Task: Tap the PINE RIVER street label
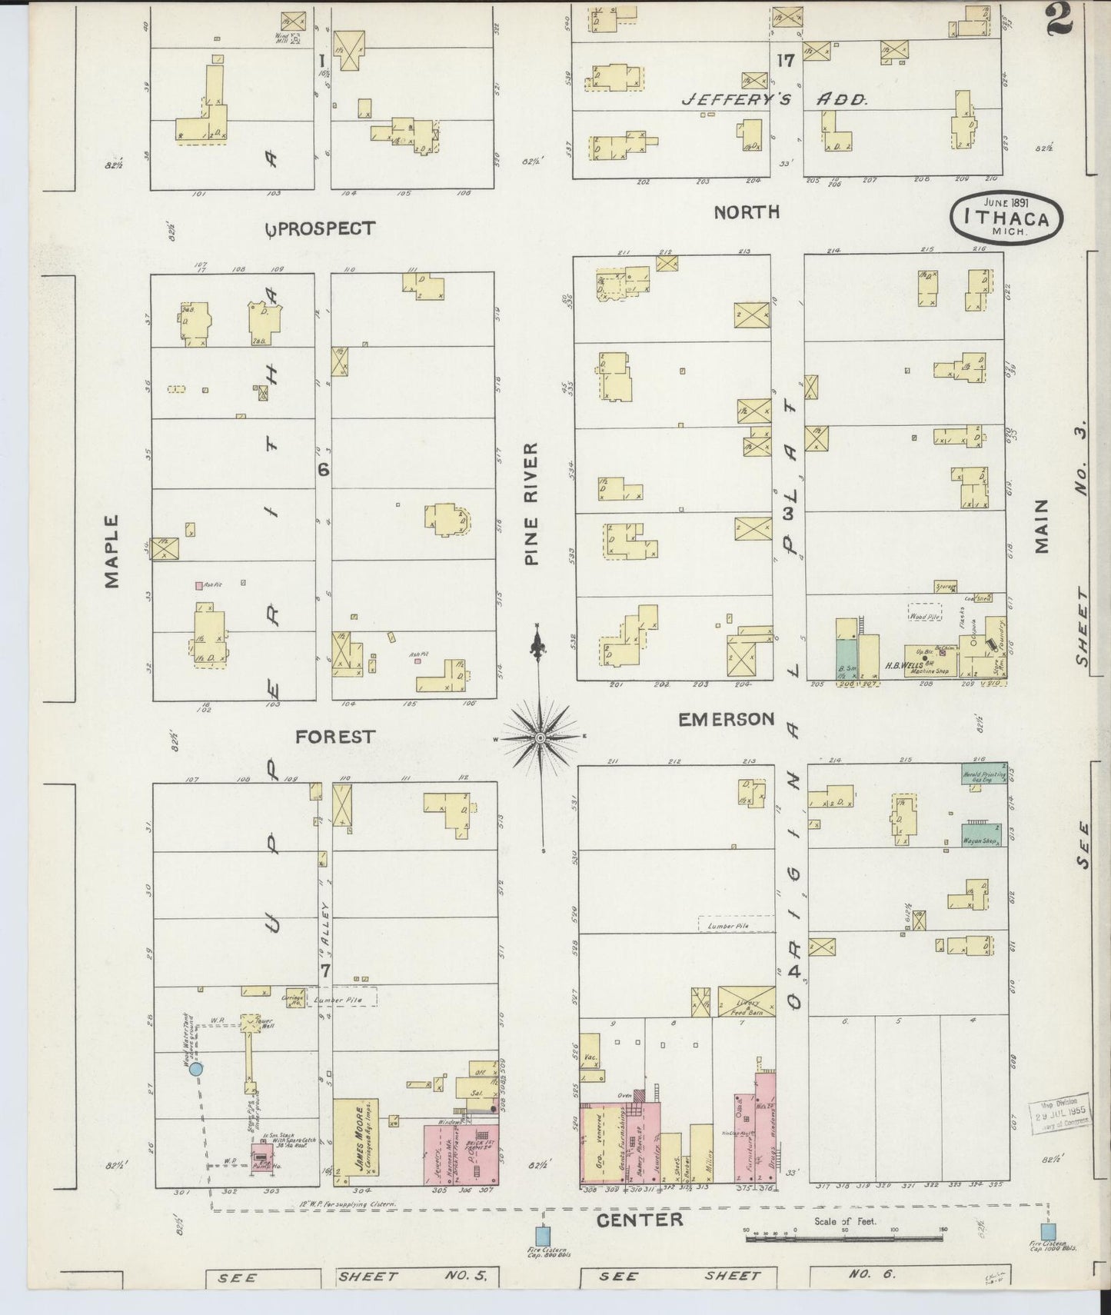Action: (x=531, y=504)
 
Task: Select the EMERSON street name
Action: (x=727, y=720)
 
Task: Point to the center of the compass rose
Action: (x=541, y=738)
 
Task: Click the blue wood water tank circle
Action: (x=196, y=1068)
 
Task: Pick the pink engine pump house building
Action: (x=261, y=1157)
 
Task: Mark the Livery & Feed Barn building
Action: (x=746, y=1002)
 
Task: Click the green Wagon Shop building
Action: (x=981, y=835)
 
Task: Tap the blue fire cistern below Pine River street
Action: (x=543, y=1236)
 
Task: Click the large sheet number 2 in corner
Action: (x=1059, y=19)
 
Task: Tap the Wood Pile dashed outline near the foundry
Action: (x=925, y=614)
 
